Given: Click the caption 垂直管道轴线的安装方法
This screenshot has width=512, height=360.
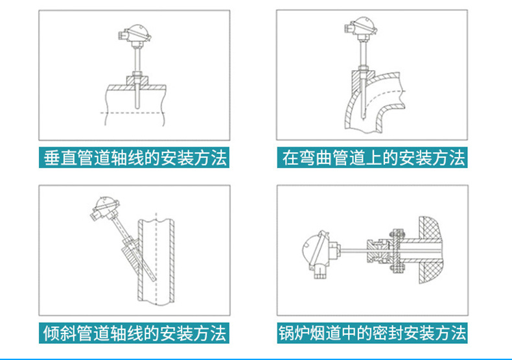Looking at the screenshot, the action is (135, 158).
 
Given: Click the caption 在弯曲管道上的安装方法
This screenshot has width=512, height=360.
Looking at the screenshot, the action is (373, 158).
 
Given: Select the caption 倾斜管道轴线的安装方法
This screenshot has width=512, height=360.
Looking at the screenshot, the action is (135, 333).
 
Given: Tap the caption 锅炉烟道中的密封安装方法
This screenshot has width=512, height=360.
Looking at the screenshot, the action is (373, 333).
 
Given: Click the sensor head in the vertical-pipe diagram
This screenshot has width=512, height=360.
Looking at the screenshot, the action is (135, 34).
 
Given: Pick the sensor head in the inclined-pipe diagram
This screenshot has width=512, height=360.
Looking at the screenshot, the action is (104, 208).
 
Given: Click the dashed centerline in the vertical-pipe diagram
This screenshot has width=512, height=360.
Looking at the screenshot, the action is (133, 113).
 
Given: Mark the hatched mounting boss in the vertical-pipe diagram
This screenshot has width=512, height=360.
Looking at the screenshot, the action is (137, 80).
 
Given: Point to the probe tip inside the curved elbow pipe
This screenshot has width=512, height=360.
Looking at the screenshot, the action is (363, 117).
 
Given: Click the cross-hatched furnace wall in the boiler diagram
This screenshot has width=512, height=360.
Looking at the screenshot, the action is (430, 250).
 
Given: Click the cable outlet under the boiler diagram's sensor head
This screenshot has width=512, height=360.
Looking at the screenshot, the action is (320, 272).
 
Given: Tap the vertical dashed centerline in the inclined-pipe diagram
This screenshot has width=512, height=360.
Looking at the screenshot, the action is (156, 259).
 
